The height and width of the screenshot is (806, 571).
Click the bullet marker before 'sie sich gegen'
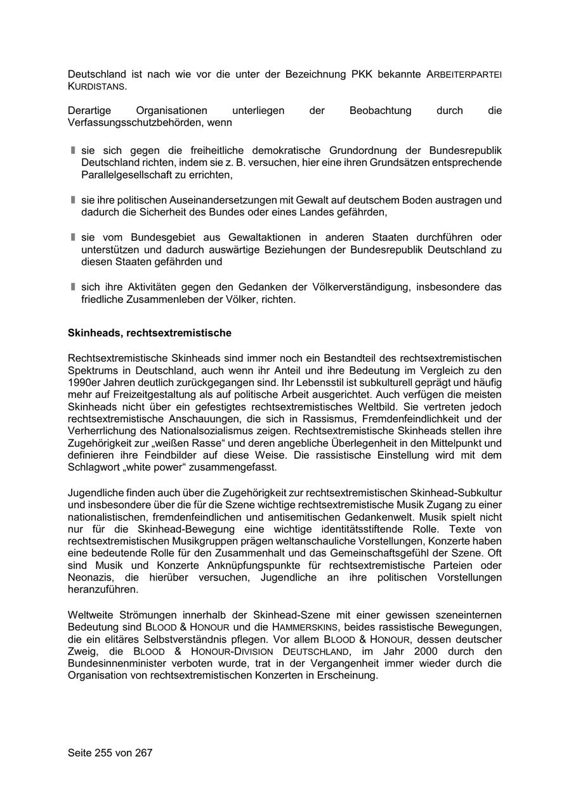73,151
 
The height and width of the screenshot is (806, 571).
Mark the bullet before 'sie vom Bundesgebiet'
73,237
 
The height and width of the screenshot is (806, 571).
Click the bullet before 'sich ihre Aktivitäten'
73,287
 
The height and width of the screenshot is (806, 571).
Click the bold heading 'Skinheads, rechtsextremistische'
150,333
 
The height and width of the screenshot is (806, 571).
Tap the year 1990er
84,382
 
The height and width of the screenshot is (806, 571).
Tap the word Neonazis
89,577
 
